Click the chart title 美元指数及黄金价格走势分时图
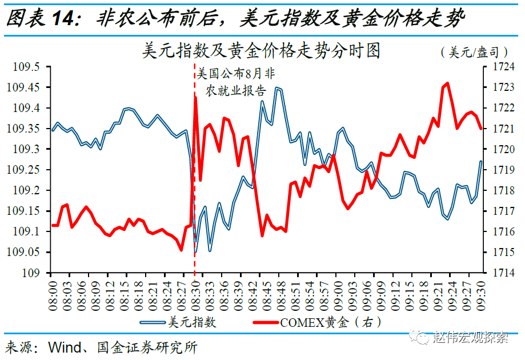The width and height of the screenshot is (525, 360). pos(262,51)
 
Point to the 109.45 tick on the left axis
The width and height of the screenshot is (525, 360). pos(25,87)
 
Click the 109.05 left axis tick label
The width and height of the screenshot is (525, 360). pos(25,252)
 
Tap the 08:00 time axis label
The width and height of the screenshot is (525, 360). pos(51,293)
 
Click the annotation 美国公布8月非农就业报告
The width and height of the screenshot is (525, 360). pos(236,82)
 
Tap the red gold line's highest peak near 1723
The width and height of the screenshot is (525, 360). pos(447,83)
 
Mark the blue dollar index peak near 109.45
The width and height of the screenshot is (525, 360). pos(276,88)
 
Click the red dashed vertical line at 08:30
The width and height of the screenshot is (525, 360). pos(194,171)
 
